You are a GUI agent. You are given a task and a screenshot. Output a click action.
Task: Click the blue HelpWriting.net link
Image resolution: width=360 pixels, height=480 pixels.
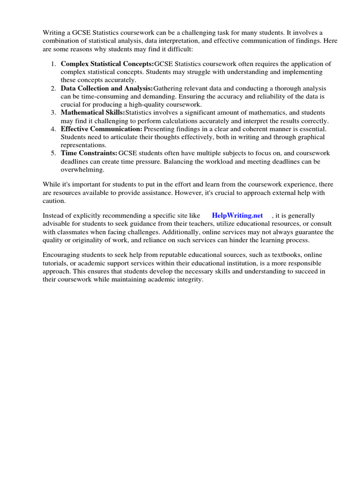237,215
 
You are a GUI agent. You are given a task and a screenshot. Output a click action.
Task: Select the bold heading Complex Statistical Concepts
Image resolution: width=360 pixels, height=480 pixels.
107,64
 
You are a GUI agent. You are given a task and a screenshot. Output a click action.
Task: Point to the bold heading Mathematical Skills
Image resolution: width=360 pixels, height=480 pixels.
93,112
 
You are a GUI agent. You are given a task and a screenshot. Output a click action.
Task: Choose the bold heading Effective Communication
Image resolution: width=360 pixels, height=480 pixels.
101,129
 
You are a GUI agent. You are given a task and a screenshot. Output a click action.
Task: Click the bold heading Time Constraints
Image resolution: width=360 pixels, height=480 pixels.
89,153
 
